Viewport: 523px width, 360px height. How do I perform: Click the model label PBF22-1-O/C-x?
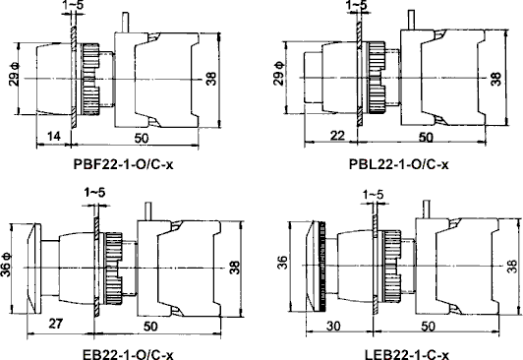pos(123,164)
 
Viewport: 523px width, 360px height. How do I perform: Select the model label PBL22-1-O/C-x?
pos(399,164)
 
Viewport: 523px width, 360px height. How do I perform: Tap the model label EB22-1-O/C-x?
pos(128,354)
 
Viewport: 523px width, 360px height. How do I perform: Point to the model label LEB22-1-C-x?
pos(407,354)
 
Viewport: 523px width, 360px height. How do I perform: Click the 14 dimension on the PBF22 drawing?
pos(54,136)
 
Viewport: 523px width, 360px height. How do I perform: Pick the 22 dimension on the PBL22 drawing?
pos(337,136)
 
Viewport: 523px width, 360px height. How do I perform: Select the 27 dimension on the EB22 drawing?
pos(56,324)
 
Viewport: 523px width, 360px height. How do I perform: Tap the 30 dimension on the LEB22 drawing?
pos(333,326)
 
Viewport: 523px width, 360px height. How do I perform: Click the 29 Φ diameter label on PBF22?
pos(15,74)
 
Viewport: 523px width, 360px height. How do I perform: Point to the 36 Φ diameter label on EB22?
pos(6,265)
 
